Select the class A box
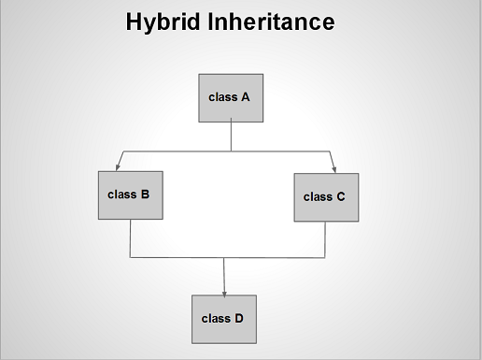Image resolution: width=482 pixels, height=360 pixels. click(230, 97)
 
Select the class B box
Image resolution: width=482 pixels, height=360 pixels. click(130, 194)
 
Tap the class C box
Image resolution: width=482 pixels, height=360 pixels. click(326, 197)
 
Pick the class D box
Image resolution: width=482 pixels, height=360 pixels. click(223, 318)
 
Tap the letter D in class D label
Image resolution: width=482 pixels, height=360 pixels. click(238, 318)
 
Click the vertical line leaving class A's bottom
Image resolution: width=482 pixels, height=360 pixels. click(231, 137)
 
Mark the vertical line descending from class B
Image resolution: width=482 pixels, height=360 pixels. click(130, 238)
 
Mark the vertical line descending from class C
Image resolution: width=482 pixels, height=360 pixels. click(325, 239)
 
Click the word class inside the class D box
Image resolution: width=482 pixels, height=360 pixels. click(216, 318)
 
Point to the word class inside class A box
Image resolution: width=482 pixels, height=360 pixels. click(222, 96)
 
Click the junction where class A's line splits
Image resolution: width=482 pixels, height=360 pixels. click(231, 151)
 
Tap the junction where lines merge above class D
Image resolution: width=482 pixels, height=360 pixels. click(224, 257)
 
